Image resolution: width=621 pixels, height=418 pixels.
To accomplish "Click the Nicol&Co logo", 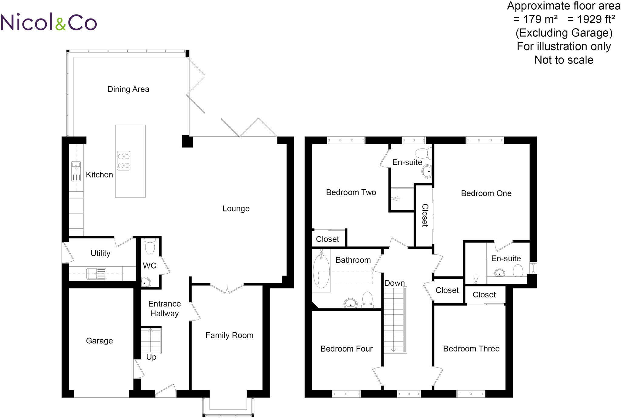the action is pos(49,22).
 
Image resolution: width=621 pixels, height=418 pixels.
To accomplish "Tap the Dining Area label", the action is pos(128,89).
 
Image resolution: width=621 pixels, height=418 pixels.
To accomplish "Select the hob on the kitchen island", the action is pos(124,161).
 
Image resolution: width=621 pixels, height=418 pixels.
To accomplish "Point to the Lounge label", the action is pos(236,209).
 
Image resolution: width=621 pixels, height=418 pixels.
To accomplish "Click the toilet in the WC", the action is pos(150,246).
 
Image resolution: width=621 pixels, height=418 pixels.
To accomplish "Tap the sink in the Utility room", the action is pos(96,273).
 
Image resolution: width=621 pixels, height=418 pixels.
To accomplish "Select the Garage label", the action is pos(99,341).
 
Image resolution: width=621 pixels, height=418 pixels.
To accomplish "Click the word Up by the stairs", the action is pos(151,357).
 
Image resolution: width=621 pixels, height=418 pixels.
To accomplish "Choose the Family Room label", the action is pos(229,335).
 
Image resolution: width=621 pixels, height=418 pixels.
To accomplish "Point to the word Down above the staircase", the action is pos(394,283).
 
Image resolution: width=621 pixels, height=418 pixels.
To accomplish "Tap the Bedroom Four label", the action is pos(346,349).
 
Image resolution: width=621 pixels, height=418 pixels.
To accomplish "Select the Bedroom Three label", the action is pos(471,349).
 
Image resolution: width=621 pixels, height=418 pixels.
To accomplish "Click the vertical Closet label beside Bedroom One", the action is pos(425,215).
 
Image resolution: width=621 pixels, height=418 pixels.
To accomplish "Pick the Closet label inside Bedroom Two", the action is pos(327,239).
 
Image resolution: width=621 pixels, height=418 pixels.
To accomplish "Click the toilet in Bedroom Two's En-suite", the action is pos(423,153).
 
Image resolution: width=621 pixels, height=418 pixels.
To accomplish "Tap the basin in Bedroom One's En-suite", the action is pos(499,273).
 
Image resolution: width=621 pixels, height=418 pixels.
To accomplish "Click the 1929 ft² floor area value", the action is pos(591,19).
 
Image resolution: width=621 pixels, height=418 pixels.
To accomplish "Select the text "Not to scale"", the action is pos(564,60).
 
